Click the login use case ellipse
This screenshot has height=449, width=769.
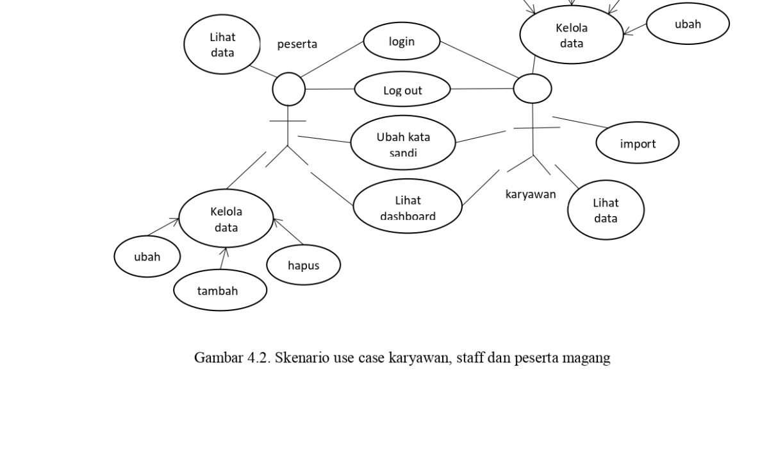pos(402,41)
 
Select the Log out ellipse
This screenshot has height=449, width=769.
pos(402,90)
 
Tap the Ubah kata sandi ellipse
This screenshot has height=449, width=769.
pos(403,142)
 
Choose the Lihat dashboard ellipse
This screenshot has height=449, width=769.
pos(408,206)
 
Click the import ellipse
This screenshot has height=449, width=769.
pos(638,143)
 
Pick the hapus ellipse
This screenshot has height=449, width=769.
pos(303,265)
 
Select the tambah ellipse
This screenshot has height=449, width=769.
pos(220,291)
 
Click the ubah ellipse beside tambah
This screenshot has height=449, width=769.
pos(147,257)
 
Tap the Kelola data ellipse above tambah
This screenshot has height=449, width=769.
pos(226,219)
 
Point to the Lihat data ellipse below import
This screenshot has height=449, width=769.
pos(606,210)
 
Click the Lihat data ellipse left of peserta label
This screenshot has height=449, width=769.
pos(222,45)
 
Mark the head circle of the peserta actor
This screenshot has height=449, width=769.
pos(289,89)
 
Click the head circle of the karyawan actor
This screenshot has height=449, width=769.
pos(533,89)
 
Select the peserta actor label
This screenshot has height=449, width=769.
pos(297,44)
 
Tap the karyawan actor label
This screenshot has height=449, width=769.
pos(531,194)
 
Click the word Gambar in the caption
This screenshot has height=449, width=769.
pos(218,358)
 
